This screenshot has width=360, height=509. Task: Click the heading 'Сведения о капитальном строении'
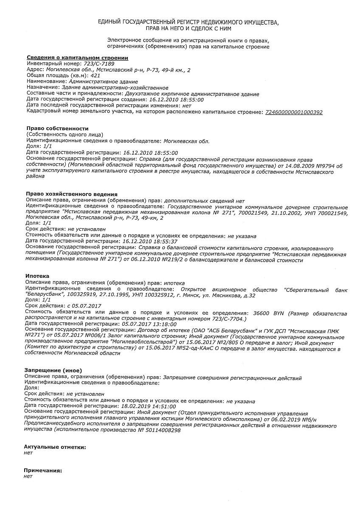[78, 58]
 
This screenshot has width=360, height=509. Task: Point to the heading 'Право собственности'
[57, 129]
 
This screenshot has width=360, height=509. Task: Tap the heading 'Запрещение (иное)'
[53, 370]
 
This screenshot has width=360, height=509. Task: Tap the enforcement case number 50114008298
[163, 430]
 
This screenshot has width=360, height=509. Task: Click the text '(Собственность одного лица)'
[65, 134]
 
